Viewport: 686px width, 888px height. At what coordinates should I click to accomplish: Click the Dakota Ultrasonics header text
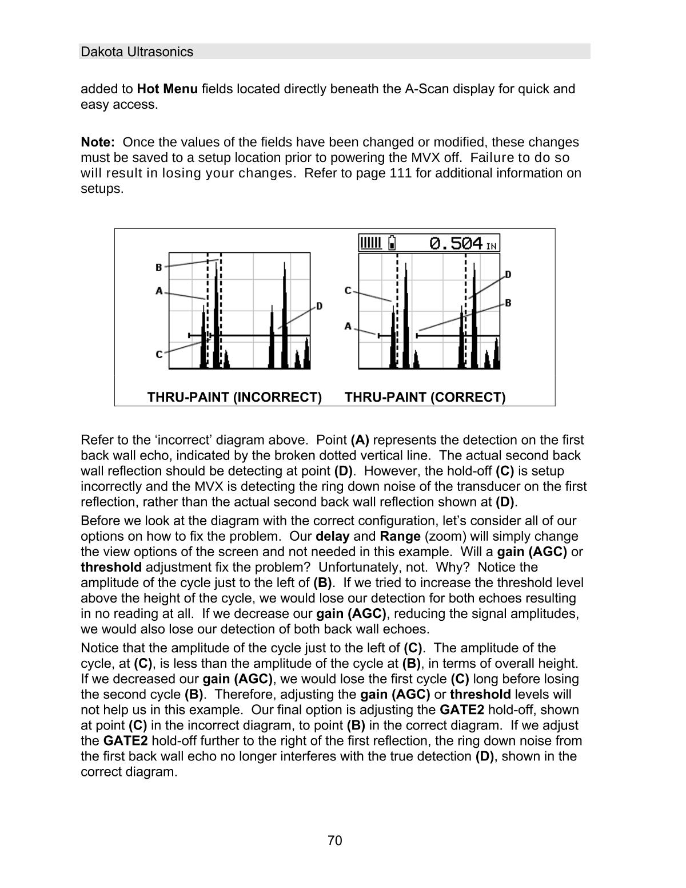tap(137, 52)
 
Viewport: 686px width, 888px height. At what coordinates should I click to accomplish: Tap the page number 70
tap(335, 841)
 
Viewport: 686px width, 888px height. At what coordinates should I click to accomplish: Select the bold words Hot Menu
tap(167, 89)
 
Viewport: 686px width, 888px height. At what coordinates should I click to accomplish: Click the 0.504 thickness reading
tap(456, 244)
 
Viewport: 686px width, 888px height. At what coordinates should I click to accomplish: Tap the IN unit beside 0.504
tap(492, 247)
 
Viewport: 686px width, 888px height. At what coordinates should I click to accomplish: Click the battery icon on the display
tap(392, 243)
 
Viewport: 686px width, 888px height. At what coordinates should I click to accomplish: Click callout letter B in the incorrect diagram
tap(159, 267)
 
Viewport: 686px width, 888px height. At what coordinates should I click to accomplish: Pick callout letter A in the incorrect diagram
tap(159, 291)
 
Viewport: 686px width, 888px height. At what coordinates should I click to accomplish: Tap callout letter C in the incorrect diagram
tap(159, 355)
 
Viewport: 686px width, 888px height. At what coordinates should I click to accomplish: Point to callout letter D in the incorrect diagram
tap(319, 306)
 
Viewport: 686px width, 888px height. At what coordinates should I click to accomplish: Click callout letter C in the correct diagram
tap(348, 291)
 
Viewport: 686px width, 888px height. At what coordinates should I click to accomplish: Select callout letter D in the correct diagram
tap(508, 275)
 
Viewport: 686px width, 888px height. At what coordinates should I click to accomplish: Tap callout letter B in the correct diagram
tap(508, 303)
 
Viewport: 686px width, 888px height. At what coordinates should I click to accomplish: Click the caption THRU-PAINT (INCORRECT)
tap(234, 397)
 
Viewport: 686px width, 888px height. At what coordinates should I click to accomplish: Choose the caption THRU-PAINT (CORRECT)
tap(425, 397)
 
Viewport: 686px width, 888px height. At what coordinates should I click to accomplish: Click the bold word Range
tap(400, 537)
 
